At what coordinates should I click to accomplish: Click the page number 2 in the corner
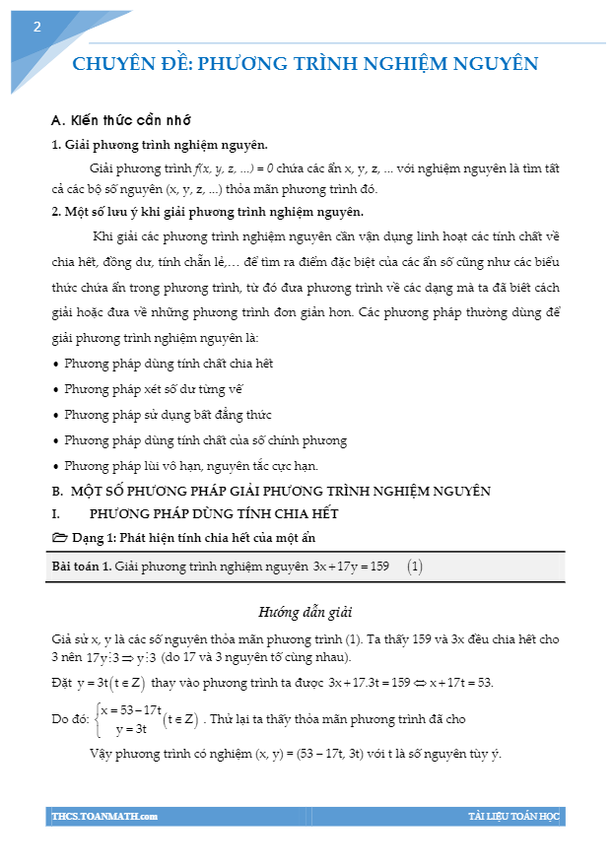(36, 27)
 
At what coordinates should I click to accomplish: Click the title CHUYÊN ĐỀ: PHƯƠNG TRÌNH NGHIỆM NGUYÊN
(306, 64)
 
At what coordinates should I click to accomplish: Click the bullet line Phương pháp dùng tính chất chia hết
(169, 364)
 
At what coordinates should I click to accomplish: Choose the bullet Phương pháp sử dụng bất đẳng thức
(169, 415)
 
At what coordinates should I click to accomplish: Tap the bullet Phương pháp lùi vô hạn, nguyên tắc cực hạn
(191, 466)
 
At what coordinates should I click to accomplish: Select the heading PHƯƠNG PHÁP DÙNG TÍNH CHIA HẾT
(214, 513)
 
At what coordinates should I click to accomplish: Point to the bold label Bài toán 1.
(82, 567)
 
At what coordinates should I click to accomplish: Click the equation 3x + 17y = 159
(350, 567)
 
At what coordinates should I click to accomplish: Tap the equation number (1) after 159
(415, 567)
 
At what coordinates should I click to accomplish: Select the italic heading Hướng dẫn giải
(306, 612)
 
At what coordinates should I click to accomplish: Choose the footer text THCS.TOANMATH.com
(104, 817)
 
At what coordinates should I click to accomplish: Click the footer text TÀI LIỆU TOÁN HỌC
(512, 817)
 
